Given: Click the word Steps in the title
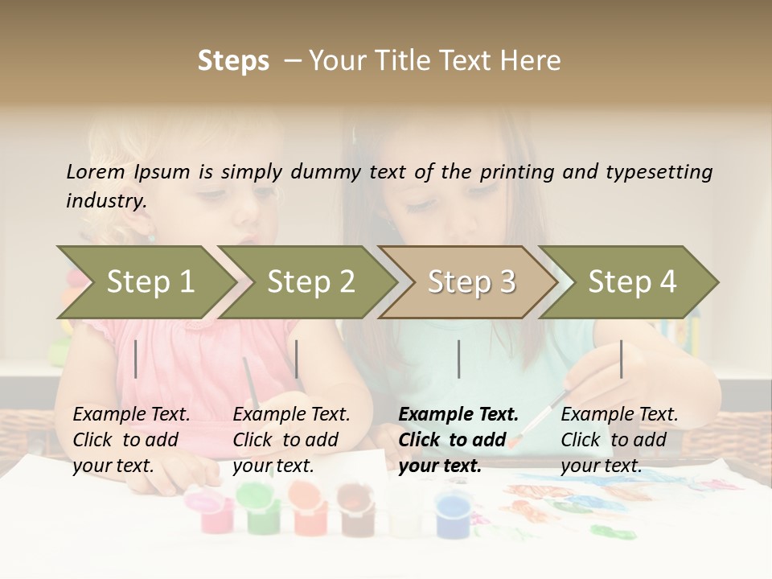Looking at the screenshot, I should point(233,61).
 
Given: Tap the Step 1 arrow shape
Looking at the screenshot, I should point(145,281).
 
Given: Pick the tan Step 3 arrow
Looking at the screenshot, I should point(470,281).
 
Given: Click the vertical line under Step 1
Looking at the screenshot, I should point(136,359).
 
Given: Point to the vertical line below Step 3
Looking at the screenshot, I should point(458,359).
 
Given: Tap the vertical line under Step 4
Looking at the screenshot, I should point(621,359).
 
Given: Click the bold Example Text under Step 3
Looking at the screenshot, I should point(458,439).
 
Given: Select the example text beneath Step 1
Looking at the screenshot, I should point(132,439).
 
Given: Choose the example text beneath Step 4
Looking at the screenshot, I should point(619,439).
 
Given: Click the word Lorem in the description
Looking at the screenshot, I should point(96,171).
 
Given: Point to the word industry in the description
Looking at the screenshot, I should point(106,200).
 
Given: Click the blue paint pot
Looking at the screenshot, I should point(454,515).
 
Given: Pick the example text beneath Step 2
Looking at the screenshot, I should point(291,439).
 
